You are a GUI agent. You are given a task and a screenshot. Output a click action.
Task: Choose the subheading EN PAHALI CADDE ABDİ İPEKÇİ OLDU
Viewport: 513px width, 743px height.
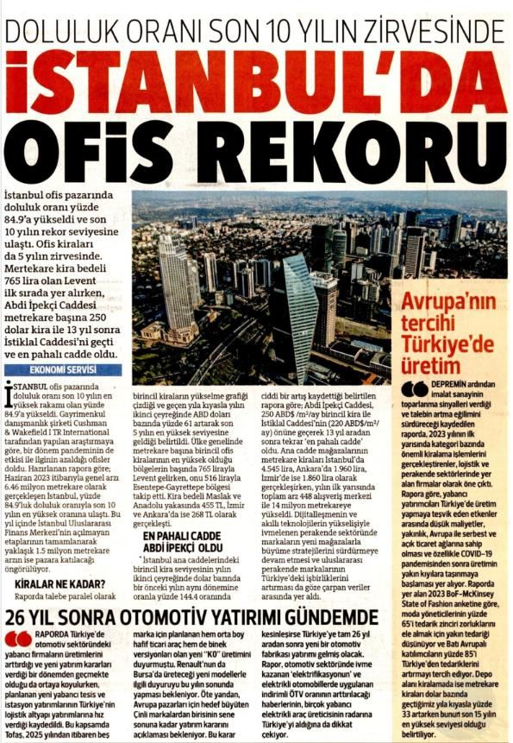(x=179, y=516)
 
